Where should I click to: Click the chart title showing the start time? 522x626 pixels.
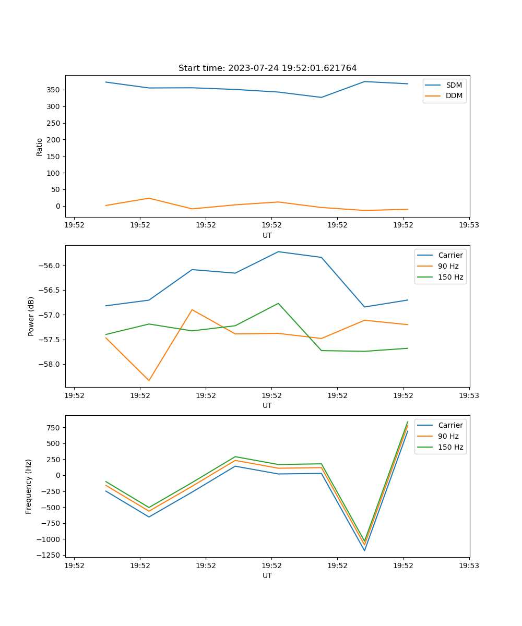[x=267, y=68]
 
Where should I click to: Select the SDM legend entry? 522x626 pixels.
[x=454, y=85]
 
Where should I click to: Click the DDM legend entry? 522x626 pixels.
[x=454, y=96]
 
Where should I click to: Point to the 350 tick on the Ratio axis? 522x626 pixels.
[x=54, y=90]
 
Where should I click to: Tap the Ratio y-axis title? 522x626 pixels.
[x=40, y=147]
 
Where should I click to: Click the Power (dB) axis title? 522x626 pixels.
[x=31, y=316]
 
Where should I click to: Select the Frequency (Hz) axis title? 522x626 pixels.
[x=29, y=486]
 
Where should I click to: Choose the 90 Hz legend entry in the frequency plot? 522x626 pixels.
[x=448, y=436]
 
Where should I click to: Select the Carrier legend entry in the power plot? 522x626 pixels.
[x=450, y=255]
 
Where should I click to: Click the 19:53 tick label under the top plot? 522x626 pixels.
[x=469, y=225]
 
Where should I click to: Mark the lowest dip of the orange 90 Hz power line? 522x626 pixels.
[x=149, y=380]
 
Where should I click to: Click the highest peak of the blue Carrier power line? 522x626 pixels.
[x=278, y=252]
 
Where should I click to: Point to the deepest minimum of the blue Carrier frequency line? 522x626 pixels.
[x=364, y=550]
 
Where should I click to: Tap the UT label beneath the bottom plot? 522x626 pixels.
[x=267, y=575]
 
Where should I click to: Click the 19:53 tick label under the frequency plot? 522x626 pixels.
[x=469, y=565]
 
